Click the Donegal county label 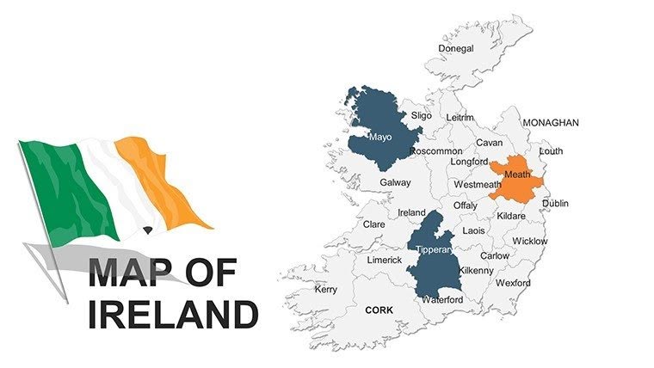tap(456, 48)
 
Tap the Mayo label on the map tap(379, 137)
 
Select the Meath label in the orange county tap(517, 174)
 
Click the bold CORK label tap(379, 310)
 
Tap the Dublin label tap(555, 204)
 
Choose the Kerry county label tap(326, 290)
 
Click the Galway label tap(395, 183)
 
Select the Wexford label tap(513, 282)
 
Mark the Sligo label tap(421, 115)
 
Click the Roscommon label tap(436, 151)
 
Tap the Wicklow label tap(529, 242)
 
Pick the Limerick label tap(385, 260)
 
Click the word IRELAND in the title tap(174, 314)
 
